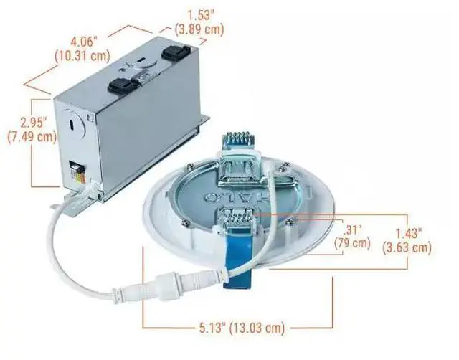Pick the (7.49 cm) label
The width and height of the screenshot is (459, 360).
pos(30,136)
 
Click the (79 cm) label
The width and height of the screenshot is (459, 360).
pos(353,243)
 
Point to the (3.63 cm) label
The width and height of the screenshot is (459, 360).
pos(407,248)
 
